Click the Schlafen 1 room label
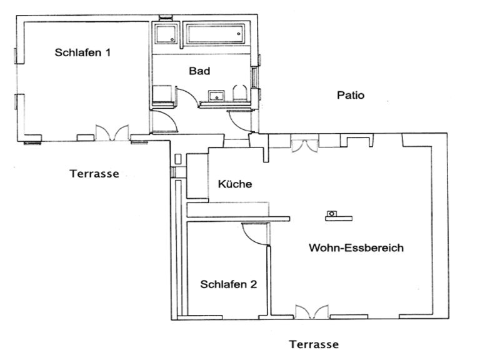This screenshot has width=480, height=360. pos(82,52)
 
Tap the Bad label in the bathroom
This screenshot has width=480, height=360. pos(199,71)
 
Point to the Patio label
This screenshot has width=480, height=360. pos(351,95)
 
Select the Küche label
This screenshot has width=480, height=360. pos(235,184)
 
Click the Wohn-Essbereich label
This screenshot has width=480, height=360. pos(356,247)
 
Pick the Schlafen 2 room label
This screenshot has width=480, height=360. pos(228,284)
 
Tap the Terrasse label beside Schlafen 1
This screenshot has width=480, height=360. pos(94,174)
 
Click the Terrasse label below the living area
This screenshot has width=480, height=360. pos(314,344)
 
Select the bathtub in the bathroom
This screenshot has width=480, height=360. pos(216,34)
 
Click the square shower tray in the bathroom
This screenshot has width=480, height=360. pos(166,33)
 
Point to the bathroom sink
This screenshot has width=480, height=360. pos(217,96)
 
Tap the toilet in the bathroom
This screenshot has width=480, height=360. pos(240,92)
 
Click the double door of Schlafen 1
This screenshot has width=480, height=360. pos(112,132)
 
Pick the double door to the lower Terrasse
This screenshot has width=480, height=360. pos(312,312)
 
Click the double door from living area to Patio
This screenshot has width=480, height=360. pos(304,146)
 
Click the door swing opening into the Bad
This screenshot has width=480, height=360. pos(187,97)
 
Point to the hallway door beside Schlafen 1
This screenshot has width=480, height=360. pos(165,121)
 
